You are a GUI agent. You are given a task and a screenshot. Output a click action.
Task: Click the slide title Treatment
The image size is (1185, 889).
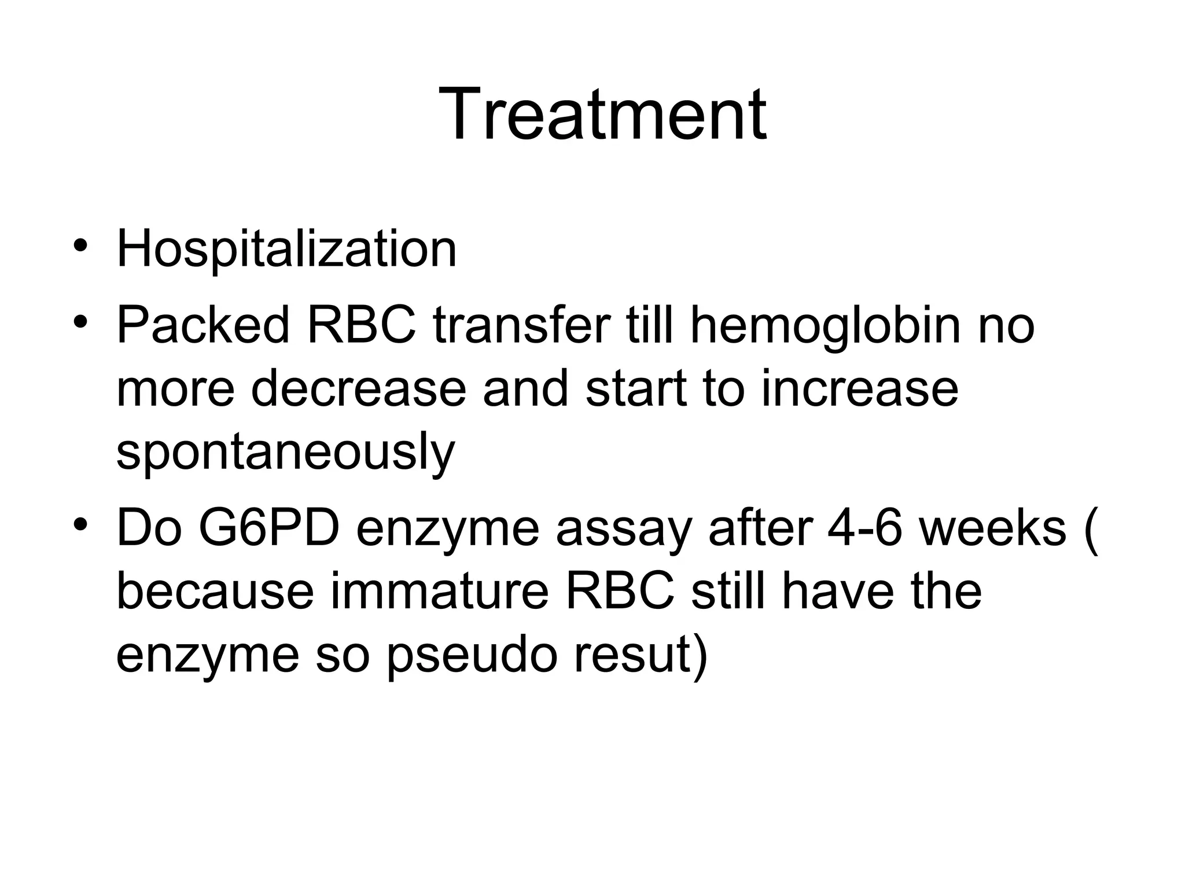(x=602, y=114)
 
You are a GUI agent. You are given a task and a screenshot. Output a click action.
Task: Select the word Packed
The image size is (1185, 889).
(x=203, y=325)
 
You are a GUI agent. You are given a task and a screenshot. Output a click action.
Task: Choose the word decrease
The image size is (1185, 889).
(x=358, y=389)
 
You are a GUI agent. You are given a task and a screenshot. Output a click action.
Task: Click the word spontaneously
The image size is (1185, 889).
(x=286, y=453)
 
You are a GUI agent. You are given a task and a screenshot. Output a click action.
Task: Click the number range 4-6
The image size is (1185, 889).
(x=865, y=528)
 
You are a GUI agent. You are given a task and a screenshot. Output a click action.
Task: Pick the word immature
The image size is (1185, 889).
(x=439, y=592)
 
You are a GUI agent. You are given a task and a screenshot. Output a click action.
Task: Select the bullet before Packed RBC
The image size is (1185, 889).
(x=80, y=320)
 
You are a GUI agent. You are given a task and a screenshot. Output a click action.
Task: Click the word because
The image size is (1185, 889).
(x=215, y=592)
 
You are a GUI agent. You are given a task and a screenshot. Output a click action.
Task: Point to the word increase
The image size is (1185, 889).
(x=860, y=389)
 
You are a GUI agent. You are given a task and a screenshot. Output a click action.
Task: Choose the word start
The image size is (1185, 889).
(x=635, y=389)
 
